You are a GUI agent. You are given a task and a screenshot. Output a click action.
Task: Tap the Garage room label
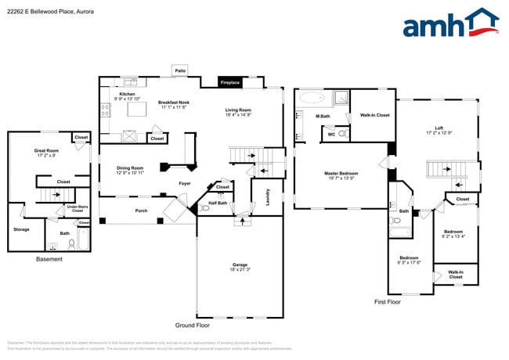240,265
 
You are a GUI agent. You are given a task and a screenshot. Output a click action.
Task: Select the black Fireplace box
229,82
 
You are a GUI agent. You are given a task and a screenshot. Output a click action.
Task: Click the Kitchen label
127,94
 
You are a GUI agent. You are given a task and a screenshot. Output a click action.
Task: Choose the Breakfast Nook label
175,103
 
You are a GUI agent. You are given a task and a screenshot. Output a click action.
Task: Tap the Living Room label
239,110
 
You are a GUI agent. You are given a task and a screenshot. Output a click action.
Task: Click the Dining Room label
130,167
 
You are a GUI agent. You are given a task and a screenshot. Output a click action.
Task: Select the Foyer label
184,183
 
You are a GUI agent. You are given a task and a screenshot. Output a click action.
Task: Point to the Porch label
141,211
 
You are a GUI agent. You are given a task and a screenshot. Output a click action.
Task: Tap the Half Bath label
218,203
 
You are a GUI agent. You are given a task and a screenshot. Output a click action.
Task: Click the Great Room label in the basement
46,150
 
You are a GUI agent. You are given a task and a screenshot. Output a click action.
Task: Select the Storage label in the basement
21,229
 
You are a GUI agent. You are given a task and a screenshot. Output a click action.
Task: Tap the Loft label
439,128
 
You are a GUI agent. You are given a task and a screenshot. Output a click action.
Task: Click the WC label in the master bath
331,134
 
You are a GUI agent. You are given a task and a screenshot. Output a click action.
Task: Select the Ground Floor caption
192,324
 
